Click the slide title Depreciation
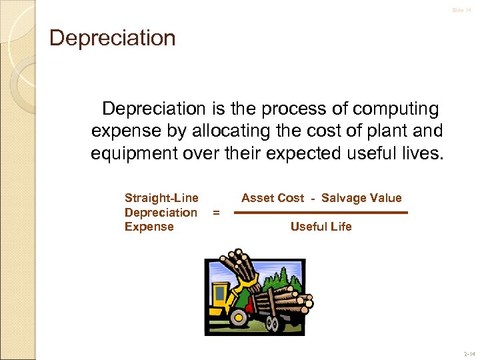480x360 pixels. (113, 38)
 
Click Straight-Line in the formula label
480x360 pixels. (161, 198)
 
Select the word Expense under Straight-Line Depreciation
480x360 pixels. (149, 227)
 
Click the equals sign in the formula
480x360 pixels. (215, 213)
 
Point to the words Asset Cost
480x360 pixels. (273, 198)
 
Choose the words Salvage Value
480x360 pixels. (361, 198)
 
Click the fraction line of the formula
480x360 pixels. (321, 213)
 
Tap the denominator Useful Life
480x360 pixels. (321, 227)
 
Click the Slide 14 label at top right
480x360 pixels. (461, 10)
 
